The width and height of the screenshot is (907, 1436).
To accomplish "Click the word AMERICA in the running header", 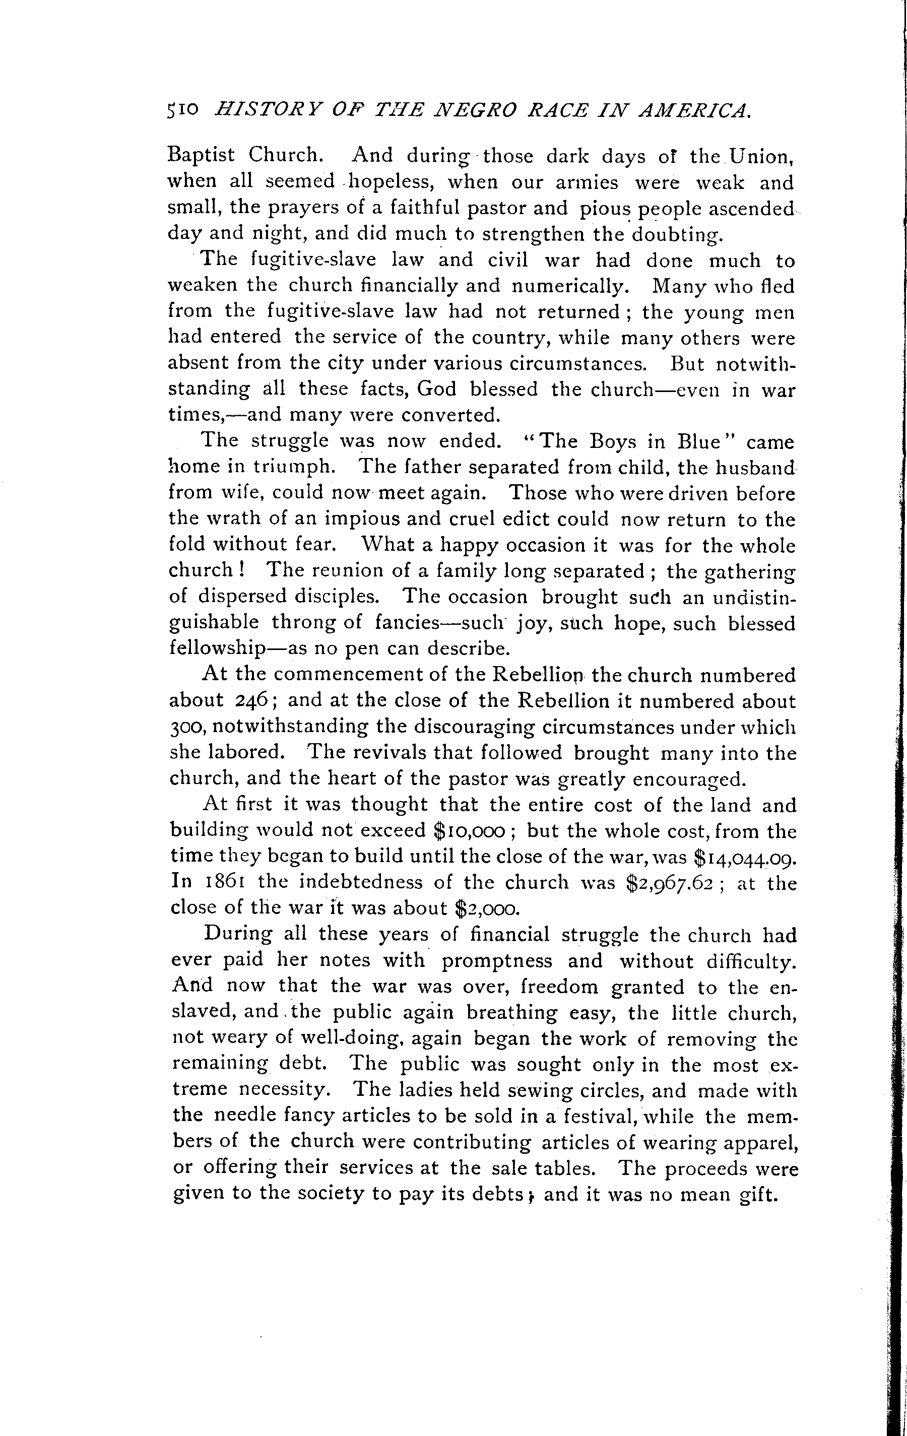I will pos(694,110).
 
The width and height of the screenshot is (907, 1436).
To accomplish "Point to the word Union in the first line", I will pos(759,156).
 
